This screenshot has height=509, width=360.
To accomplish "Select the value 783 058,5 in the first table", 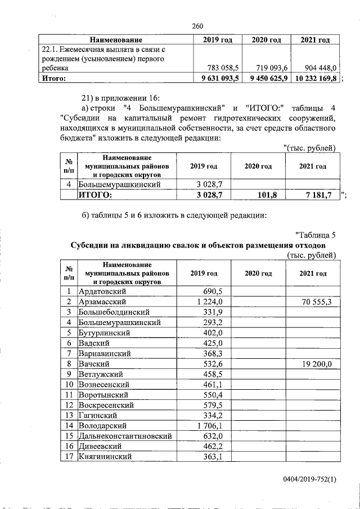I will pos(222,67).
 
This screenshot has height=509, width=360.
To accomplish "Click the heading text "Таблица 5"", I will pos(315,235).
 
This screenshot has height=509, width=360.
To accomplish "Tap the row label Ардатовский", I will pos(102,291).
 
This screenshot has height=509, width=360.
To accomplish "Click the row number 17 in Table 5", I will pos(68,457).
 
